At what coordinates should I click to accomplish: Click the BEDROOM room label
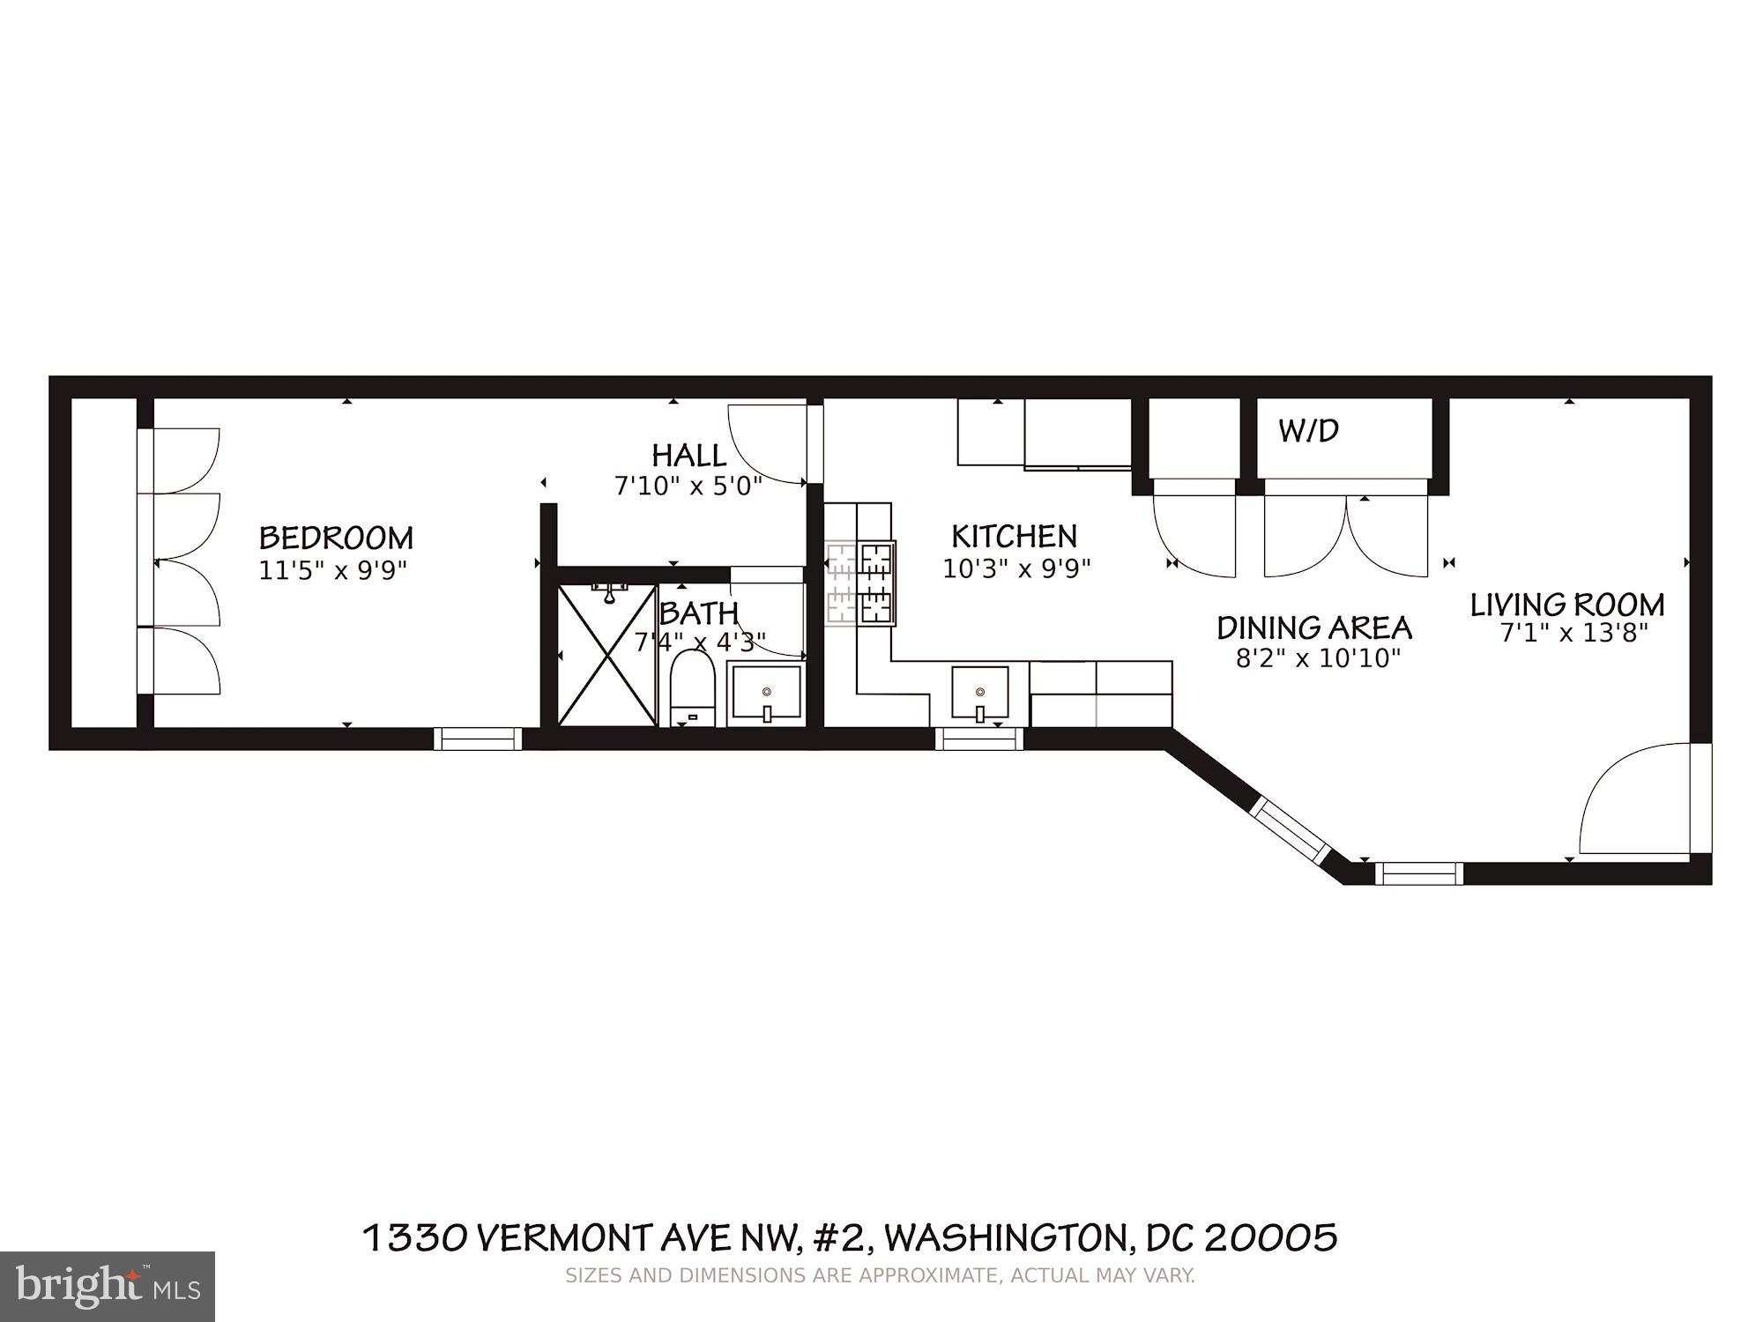[x=336, y=538]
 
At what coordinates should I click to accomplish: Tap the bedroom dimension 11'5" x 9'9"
[x=332, y=570]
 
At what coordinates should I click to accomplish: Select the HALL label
[x=689, y=456]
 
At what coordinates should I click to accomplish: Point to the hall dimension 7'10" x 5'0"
[x=688, y=486]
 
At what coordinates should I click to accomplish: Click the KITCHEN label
[x=1014, y=536]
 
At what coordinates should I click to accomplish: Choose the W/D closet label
[x=1309, y=431]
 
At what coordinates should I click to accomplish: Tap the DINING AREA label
[x=1314, y=628]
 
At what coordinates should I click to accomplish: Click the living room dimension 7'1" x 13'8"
[x=1573, y=633]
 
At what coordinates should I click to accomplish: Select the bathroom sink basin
[x=766, y=694]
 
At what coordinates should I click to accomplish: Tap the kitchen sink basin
[x=979, y=692]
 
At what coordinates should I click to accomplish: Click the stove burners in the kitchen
[x=861, y=583]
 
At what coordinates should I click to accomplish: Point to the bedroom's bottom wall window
[x=479, y=739]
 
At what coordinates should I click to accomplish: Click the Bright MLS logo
[x=107, y=1286]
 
